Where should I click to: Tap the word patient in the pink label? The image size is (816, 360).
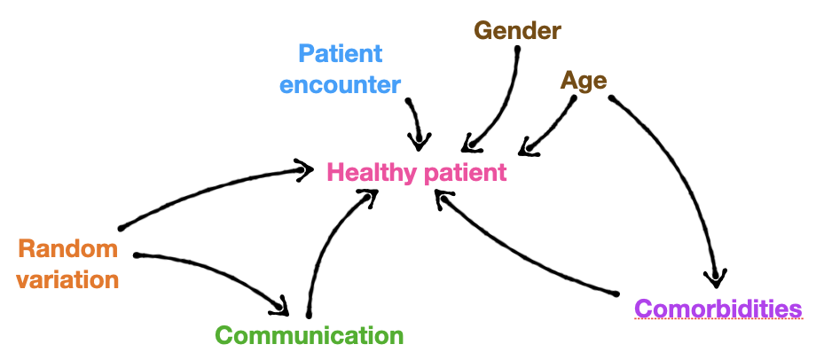point(466,171)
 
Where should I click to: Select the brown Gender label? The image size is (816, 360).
point(517,31)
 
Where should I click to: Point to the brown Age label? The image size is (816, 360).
point(583,81)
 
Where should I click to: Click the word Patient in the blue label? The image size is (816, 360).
point(340,53)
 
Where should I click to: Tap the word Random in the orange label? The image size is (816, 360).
point(67,248)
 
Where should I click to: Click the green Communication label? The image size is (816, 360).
point(309,335)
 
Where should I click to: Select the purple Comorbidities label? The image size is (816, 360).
point(718,309)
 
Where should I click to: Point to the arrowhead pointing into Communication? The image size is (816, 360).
point(282,307)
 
